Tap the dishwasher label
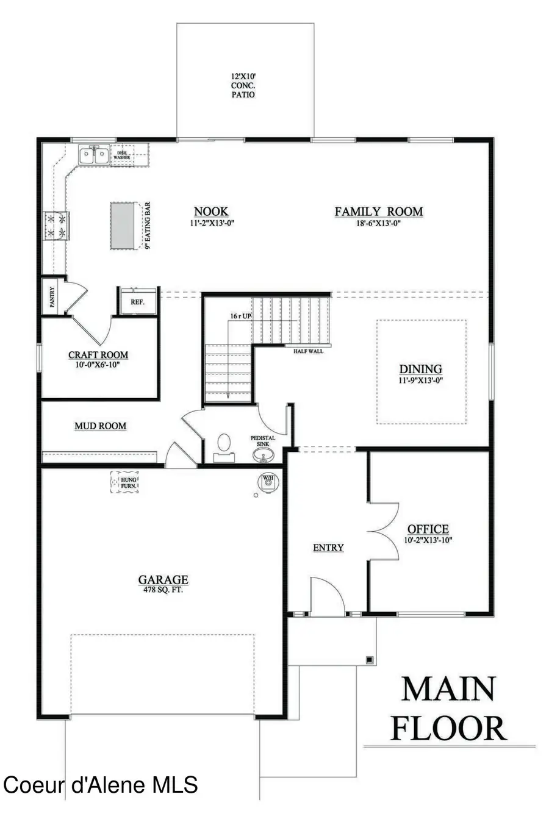[x=122, y=155]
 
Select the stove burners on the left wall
[x=56, y=224]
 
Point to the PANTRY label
[x=52, y=297]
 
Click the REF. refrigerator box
[x=137, y=301]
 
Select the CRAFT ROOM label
[x=98, y=355]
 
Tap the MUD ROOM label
[x=100, y=426]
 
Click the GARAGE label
[x=163, y=580]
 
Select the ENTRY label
[x=328, y=548]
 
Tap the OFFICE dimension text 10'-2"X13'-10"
[x=428, y=540]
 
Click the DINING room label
[x=420, y=369]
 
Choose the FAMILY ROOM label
[x=378, y=212]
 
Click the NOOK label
[x=211, y=212]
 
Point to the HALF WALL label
[x=308, y=351]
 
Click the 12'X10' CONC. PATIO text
[x=243, y=86]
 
